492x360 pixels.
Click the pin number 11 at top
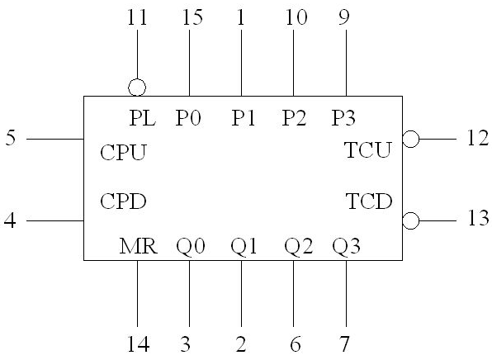(x=137, y=17)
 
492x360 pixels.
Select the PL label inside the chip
(x=143, y=118)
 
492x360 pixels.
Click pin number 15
(x=192, y=17)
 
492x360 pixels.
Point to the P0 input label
(x=188, y=118)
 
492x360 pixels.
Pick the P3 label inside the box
(x=343, y=118)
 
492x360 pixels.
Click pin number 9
(x=344, y=17)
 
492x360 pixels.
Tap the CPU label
(x=123, y=152)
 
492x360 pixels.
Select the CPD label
(x=123, y=201)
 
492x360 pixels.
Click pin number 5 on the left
(x=11, y=138)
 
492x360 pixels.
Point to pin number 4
(x=10, y=220)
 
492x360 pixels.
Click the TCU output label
(x=367, y=149)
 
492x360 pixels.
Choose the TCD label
(x=369, y=201)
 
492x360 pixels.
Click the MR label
(x=139, y=246)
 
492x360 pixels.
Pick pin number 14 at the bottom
(x=138, y=343)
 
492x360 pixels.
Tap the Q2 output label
(x=298, y=246)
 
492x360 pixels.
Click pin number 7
(x=344, y=343)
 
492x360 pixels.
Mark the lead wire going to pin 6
(x=294, y=293)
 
